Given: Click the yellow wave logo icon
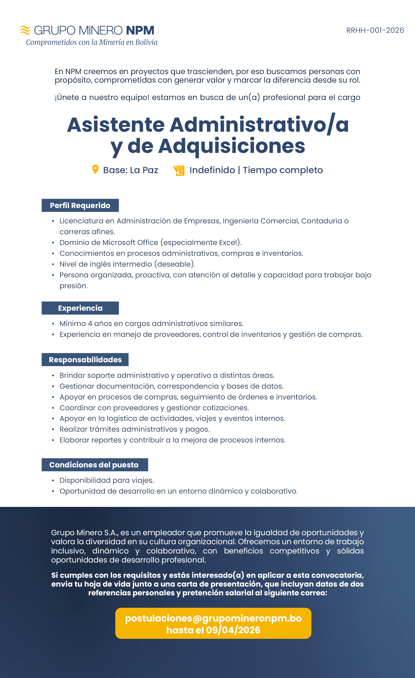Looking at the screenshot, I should point(25,30).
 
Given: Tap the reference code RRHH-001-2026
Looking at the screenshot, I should point(375,30).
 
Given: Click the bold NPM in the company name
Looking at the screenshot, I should point(140,30).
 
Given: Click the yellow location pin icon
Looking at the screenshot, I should point(95,170).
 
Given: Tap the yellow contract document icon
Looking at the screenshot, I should point(179,170).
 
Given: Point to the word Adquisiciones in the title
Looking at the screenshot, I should point(231,146).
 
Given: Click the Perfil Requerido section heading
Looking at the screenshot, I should point(80,206).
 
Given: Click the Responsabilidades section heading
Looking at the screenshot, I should point(85,360).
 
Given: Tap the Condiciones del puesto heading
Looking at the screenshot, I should point(94,465).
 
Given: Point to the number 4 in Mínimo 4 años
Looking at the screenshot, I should point(90,324).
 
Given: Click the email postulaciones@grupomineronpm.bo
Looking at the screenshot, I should point(213,618).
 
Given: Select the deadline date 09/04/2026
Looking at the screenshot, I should point(233,630).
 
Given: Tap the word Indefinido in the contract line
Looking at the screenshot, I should point(212,170).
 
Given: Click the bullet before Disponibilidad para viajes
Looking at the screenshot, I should point(53,481).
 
